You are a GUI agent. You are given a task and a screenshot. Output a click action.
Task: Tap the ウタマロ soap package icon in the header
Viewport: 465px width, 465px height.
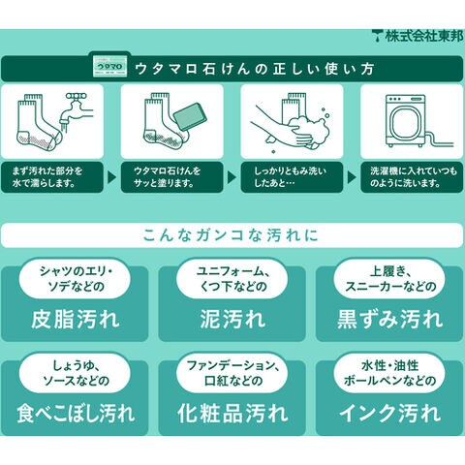pyautogui.click(x=110, y=66)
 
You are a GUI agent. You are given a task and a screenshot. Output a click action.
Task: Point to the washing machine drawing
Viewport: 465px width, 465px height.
pyautogui.click(x=406, y=121)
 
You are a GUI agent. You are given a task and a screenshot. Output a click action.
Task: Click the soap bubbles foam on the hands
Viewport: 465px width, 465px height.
pyautogui.click(x=308, y=128)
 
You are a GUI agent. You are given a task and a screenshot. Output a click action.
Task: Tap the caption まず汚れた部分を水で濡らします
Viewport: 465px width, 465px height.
pyautogui.click(x=47, y=177)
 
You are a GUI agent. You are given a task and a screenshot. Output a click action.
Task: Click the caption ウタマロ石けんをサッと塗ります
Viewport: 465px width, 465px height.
pyautogui.click(x=167, y=177)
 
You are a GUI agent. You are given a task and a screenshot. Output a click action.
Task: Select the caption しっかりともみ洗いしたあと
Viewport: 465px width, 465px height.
pyautogui.click(x=290, y=177)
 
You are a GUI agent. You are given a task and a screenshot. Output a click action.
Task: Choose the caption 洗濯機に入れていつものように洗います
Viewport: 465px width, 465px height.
pyautogui.click(x=414, y=177)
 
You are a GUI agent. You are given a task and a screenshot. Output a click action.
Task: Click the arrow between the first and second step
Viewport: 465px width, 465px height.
pyautogui.click(x=111, y=177)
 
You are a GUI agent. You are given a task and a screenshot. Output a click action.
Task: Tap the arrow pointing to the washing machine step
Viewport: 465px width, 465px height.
pyautogui.click(x=352, y=177)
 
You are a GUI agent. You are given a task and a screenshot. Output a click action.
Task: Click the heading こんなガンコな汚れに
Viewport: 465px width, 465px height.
pyautogui.click(x=231, y=235)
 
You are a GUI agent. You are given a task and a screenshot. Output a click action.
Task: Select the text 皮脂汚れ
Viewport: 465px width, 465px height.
pyautogui.click(x=76, y=320)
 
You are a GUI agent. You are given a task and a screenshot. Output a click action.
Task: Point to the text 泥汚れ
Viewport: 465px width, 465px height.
pyautogui.click(x=232, y=320)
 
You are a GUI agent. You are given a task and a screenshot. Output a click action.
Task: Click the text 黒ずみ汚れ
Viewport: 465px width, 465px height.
pyautogui.click(x=389, y=320)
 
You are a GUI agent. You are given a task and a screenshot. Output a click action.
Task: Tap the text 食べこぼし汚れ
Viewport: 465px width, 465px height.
pyautogui.click(x=76, y=414)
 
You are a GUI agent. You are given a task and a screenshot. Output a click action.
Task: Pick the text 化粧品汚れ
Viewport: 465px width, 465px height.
pyautogui.click(x=232, y=414)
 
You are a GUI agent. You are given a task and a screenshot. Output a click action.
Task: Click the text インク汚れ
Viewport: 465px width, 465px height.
pyautogui.click(x=389, y=414)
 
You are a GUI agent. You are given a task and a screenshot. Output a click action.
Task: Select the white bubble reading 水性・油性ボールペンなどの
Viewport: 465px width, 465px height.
pyautogui.click(x=389, y=374)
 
